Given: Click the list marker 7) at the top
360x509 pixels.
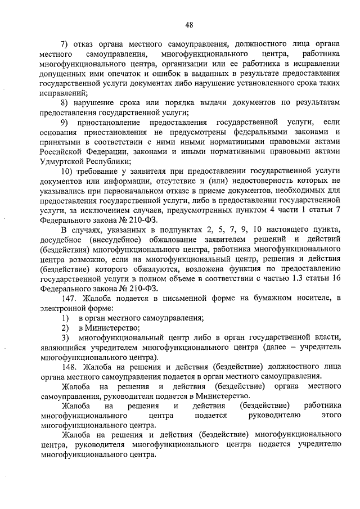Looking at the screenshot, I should click(65, 43).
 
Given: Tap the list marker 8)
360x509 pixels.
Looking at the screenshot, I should click(65, 102).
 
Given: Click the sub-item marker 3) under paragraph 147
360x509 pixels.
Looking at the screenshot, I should click(65, 337).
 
